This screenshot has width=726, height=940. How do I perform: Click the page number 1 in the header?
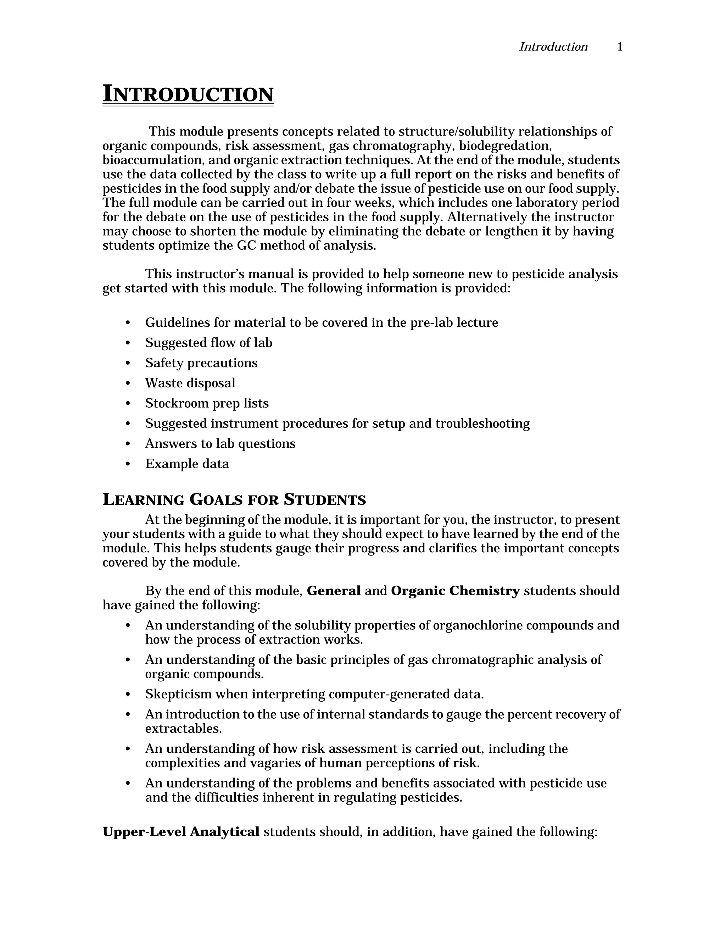click(x=620, y=47)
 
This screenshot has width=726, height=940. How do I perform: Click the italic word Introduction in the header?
click(x=553, y=47)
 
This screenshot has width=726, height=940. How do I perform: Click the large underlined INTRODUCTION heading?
click(x=188, y=94)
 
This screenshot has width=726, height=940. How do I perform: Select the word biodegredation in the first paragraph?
click(x=506, y=146)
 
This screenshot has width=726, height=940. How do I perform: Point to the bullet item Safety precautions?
click(x=201, y=363)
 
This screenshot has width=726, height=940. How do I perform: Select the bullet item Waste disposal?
click(x=190, y=383)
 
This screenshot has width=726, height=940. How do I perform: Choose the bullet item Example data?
click(x=187, y=464)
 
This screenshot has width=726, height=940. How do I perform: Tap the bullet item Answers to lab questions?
click(x=220, y=444)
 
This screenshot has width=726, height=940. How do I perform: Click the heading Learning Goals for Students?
click(x=234, y=500)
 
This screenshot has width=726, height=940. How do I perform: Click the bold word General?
click(x=333, y=591)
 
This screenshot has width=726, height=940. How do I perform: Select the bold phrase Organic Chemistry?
click(x=455, y=591)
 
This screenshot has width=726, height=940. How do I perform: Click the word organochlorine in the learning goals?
click(x=478, y=625)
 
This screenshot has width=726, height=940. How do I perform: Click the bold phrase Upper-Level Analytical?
click(x=181, y=832)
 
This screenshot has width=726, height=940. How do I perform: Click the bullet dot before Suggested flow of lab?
click(x=127, y=343)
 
